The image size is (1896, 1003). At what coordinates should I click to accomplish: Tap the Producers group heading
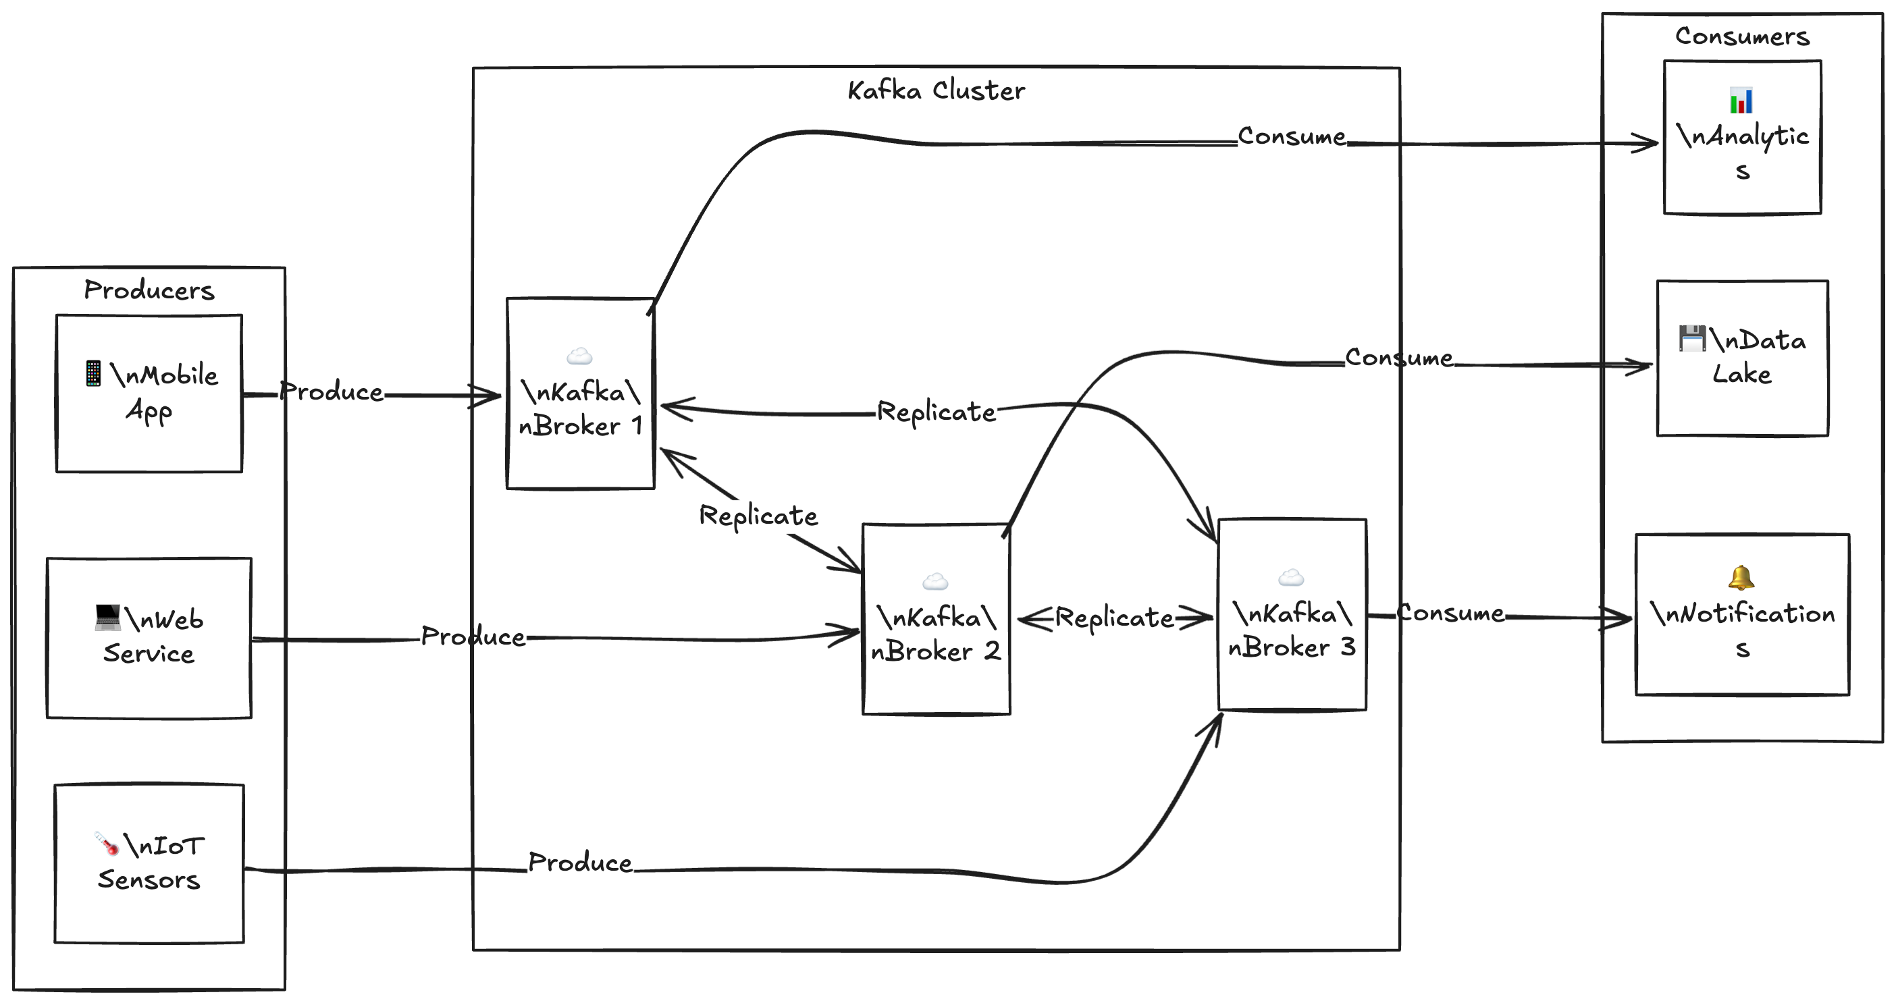[x=149, y=290]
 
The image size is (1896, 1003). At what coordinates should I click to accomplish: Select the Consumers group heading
[x=1741, y=36]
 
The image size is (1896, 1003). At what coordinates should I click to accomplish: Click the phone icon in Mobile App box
[x=93, y=373]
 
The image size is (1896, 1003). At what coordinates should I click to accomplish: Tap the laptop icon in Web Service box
[x=107, y=618]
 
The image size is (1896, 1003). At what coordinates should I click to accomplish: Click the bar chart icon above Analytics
[x=1741, y=100]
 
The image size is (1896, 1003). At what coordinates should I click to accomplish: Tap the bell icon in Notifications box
[x=1741, y=578]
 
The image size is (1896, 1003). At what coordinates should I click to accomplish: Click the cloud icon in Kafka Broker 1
[x=579, y=357]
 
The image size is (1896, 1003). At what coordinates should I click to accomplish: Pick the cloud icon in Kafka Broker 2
[x=934, y=582]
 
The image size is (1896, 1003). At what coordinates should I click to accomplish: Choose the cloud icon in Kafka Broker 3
[x=1291, y=578]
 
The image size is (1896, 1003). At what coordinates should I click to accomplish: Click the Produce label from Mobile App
[x=332, y=392]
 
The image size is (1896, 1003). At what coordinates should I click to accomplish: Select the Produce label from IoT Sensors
[x=580, y=863]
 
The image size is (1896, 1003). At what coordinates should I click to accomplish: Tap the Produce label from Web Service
[x=473, y=636]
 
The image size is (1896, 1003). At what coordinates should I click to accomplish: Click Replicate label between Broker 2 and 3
[x=1114, y=618]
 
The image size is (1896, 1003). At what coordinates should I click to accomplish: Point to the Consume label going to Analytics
[x=1292, y=136]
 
